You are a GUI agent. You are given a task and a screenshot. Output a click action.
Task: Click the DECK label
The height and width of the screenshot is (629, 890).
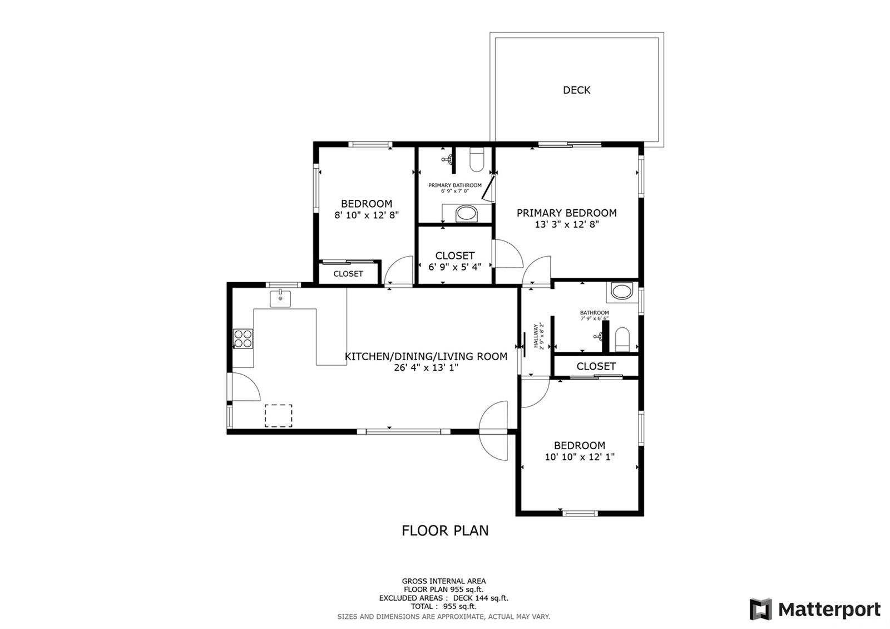click(576, 90)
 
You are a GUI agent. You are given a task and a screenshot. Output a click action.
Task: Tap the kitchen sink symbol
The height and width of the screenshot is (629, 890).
click(280, 298)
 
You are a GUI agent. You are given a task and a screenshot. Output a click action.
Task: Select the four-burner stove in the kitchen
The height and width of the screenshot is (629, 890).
click(243, 339)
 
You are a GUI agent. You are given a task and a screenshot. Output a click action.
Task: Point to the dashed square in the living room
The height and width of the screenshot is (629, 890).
click(279, 416)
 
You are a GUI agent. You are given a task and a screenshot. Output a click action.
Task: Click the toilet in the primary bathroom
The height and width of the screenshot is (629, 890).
click(477, 159)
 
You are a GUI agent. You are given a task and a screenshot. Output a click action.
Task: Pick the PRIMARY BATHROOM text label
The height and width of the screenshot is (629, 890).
click(455, 185)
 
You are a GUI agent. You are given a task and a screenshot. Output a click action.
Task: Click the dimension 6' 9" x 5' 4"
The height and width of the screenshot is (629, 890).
click(455, 267)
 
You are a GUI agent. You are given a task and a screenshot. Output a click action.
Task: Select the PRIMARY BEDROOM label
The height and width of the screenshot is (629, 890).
click(567, 213)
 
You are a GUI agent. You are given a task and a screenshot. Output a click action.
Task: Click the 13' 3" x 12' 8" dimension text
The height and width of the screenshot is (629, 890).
click(567, 224)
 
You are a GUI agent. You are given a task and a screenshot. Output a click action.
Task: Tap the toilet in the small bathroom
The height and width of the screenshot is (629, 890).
click(622, 340)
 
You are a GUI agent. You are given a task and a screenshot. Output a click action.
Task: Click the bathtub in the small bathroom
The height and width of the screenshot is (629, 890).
click(622, 291)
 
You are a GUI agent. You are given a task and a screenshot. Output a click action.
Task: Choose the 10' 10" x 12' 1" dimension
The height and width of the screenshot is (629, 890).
click(580, 457)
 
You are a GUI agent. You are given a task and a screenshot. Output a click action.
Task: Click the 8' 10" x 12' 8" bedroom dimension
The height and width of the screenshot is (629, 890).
click(367, 215)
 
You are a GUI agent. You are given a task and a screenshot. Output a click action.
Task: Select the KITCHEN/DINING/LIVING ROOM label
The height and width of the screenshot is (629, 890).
click(426, 357)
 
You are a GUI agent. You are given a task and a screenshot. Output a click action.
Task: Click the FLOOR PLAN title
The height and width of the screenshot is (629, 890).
click(445, 531)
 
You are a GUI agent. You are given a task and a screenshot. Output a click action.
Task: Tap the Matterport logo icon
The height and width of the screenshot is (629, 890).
click(761, 609)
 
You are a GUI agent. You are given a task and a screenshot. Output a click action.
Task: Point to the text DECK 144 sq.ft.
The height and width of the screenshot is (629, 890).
click(481, 598)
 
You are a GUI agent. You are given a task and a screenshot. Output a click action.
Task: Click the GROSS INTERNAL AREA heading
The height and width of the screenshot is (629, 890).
click(444, 581)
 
